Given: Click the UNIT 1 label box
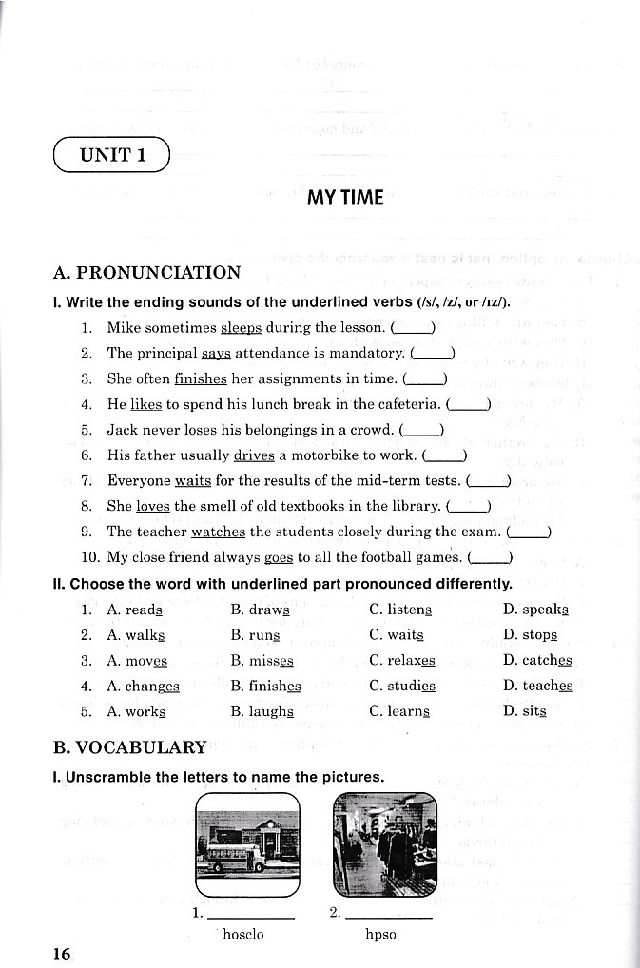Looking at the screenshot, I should (112, 155).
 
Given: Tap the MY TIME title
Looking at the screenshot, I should (345, 198).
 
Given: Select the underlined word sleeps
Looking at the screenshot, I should (241, 328).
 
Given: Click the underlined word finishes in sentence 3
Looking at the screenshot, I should (201, 378).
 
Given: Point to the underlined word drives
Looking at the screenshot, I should (254, 455).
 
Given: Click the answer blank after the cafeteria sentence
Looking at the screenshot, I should (467, 404).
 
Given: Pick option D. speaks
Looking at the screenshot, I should (535, 610).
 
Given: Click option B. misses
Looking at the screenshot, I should (262, 661).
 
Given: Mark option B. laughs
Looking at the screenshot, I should (262, 711).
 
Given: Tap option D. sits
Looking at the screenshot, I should (525, 711).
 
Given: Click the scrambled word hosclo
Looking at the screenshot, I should (242, 935).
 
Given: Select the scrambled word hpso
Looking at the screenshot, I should (380, 935).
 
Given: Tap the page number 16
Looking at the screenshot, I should (62, 954).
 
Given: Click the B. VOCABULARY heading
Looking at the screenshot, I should (130, 747).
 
